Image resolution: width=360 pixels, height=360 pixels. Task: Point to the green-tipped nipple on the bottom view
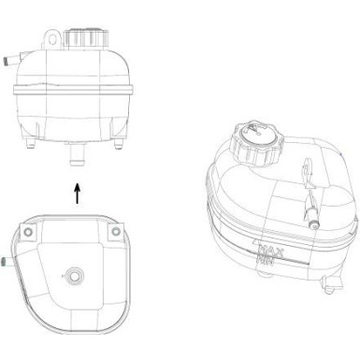pos(7,263)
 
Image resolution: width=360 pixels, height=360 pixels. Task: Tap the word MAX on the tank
pos(273,250)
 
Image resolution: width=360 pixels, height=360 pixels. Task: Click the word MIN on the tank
pos(269,264)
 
